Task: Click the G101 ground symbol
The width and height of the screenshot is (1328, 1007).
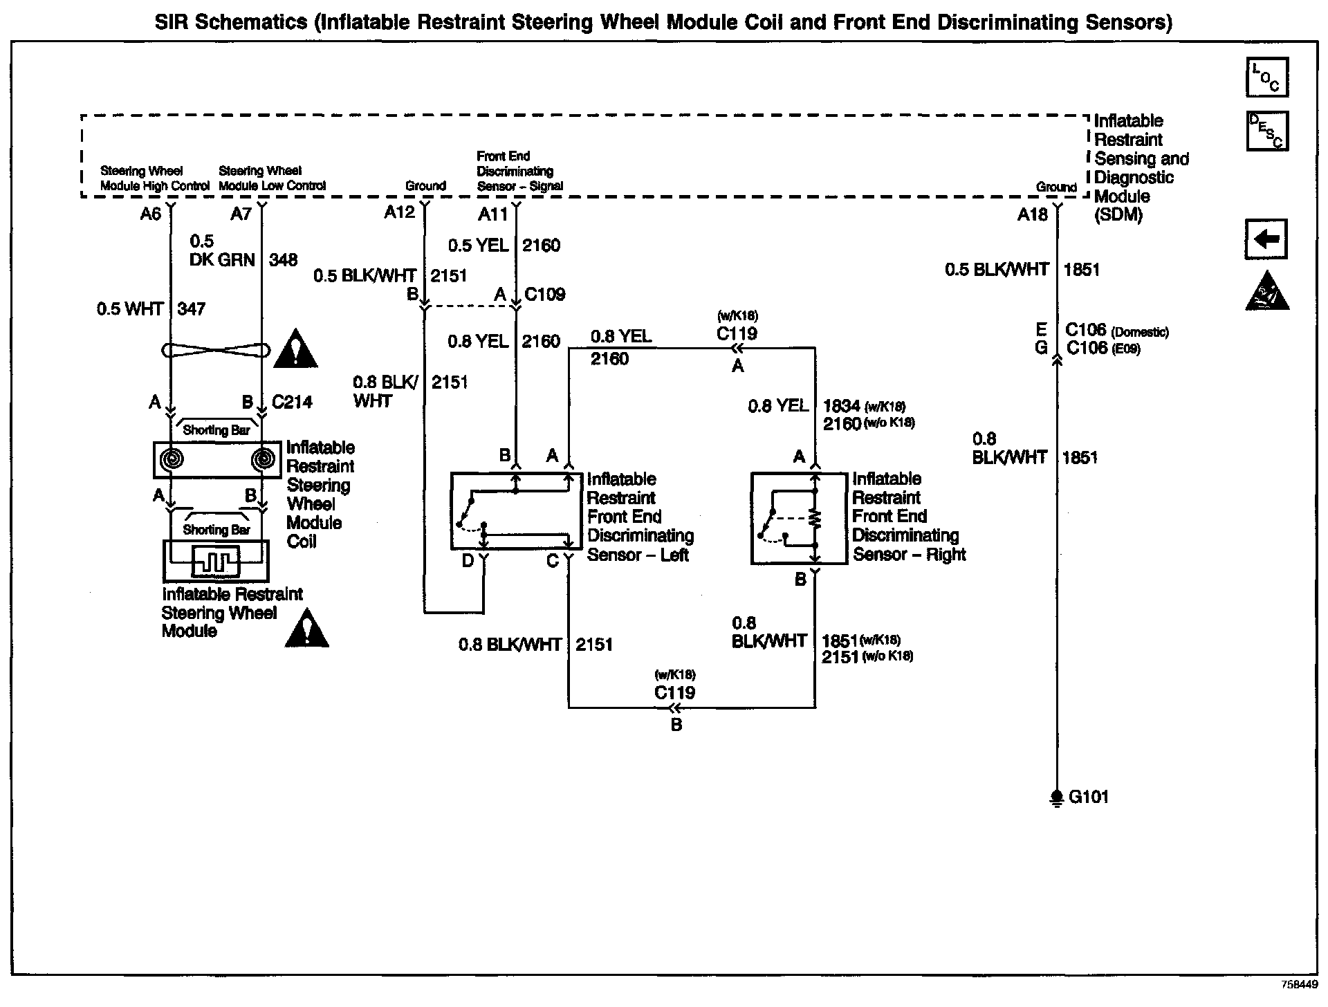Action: point(1056,798)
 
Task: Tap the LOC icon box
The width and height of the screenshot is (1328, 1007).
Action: point(1266,77)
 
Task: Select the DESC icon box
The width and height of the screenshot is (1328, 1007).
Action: point(1266,131)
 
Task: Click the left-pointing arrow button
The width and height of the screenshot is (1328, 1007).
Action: point(1266,239)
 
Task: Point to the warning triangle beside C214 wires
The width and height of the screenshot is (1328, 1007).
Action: point(296,349)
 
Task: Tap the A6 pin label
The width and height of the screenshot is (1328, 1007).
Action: point(150,214)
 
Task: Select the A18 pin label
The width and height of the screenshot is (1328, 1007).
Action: point(1032,215)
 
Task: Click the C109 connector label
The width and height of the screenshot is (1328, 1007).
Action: point(544,295)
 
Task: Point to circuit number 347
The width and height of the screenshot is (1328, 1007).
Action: point(192,308)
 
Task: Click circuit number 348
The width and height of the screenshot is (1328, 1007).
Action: point(283,260)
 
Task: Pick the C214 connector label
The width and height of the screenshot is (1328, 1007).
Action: point(292,402)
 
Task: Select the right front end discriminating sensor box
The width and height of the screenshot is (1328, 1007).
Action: point(798,518)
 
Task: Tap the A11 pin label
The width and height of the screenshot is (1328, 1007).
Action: point(492,215)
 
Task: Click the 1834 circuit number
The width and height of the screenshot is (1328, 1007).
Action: point(840,406)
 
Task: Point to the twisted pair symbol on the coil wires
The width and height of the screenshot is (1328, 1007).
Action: point(216,350)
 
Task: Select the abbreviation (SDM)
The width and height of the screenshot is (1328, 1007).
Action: point(1118,215)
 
